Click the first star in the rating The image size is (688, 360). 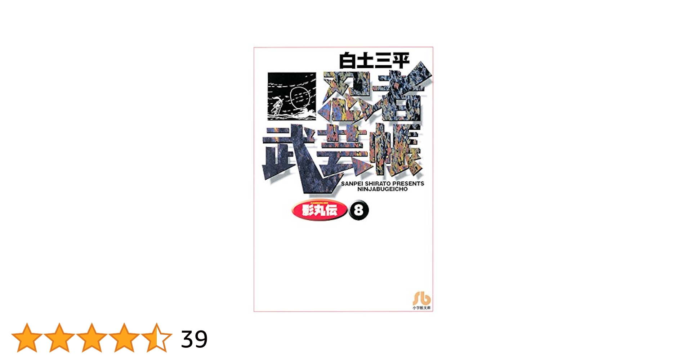pyautogui.click(x=27, y=338)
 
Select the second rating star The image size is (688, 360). pyautogui.click(x=59, y=338)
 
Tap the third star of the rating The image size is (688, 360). pyautogui.click(x=91, y=338)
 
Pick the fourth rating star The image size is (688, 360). pyautogui.click(x=124, y=338)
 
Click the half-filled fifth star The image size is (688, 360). pyautogui.click(x=156, y=338)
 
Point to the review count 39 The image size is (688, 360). pyautogui.click(x=194, y=339)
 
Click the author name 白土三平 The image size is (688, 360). pyautogui.click(x=374, y=60)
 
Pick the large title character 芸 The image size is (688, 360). pyautogui.click(x=344, y=151)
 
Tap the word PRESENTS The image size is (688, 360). pyautogui.click(x=408, y=184)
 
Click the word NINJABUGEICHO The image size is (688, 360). pyautogui.click(x=382, y=189)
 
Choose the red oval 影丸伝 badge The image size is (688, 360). pyautogui.click(x=320, y=210)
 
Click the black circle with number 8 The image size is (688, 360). pyautogui.click(x=359, y=210)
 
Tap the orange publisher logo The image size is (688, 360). pyautogui.click(x=421, y=298)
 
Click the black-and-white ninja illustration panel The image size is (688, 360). pyautogui.click(x=292, y=96)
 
